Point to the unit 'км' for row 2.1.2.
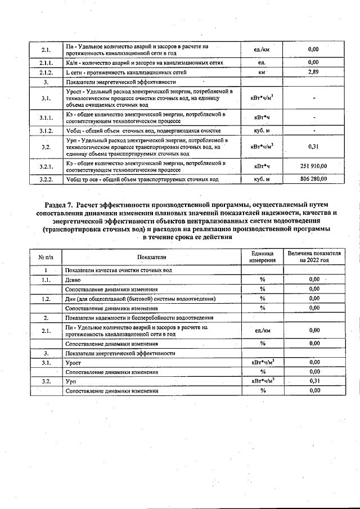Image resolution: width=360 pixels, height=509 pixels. (x=262, y=73)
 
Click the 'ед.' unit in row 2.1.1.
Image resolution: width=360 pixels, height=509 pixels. (x=262, y=62)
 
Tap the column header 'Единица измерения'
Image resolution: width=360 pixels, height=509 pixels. (x=262, y=257)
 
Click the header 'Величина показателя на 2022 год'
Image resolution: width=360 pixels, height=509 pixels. (x=314, y=257)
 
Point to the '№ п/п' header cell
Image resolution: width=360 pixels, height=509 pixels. (x=46, y=257)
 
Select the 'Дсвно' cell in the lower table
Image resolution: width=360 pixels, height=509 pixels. (x=73, y=279)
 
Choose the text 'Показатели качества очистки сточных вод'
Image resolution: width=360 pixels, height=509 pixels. (x=118, y=270)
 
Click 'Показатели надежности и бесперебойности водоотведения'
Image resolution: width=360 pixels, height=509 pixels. (x=139, y=318)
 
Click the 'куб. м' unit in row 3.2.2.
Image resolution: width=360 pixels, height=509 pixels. (x=262, y=179)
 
